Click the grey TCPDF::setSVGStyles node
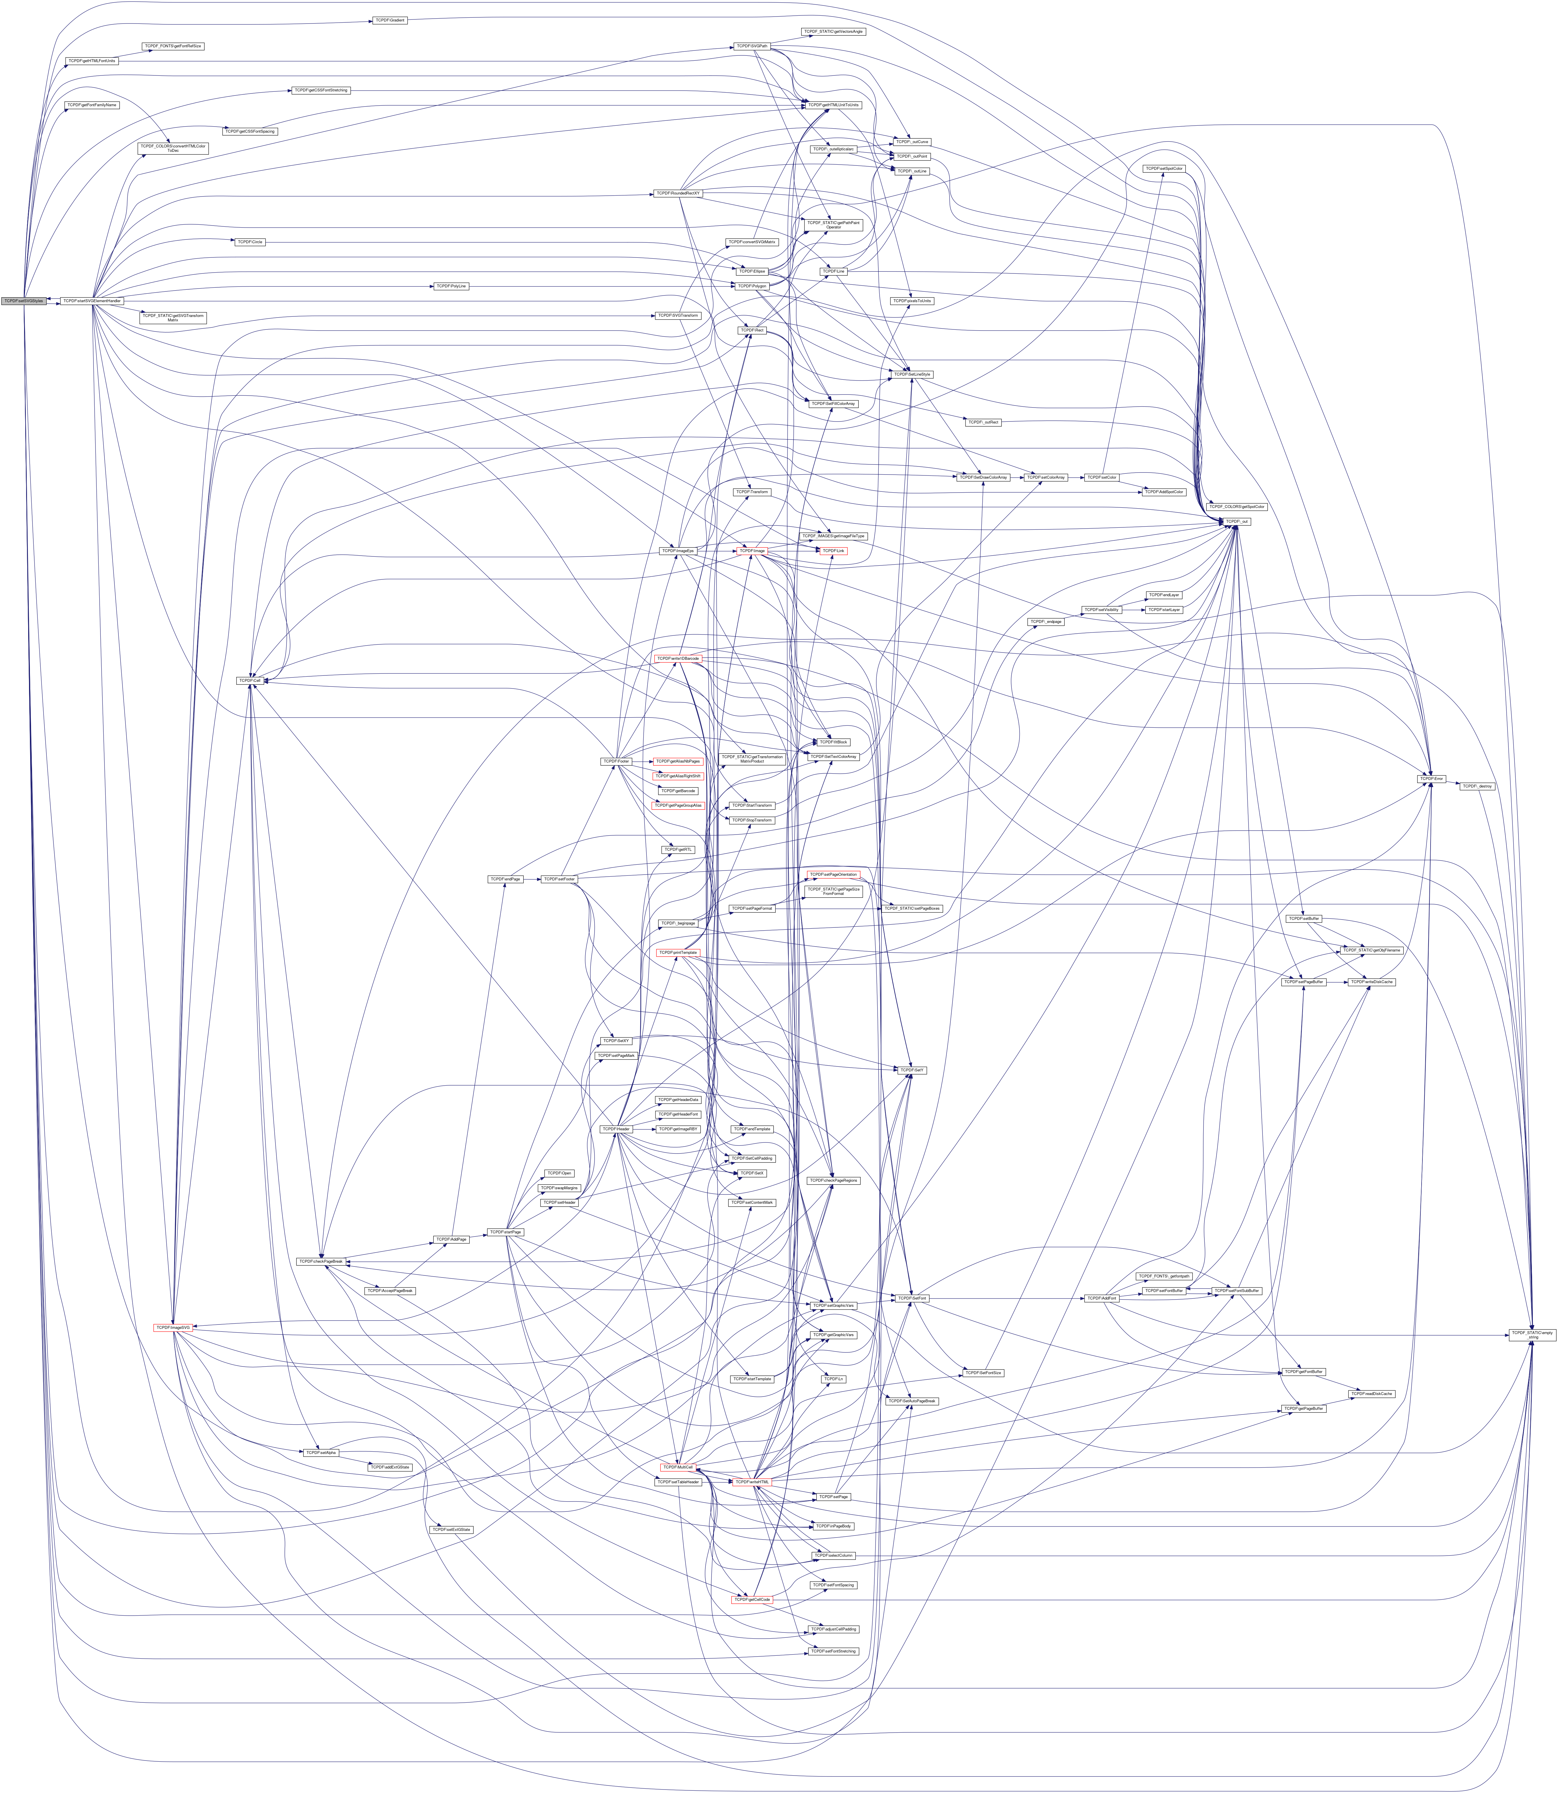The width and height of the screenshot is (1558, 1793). click(x=24, y=301)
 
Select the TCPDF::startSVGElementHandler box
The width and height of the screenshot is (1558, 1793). click(x=91, y=301)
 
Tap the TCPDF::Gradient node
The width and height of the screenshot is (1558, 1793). click(x=390, y=20)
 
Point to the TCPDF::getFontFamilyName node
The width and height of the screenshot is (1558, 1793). click(x=92, y=104)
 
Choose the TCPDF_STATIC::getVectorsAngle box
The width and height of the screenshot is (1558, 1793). click(x=833, y=31)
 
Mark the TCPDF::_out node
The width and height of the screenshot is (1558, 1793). click(x=1237, y=522)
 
